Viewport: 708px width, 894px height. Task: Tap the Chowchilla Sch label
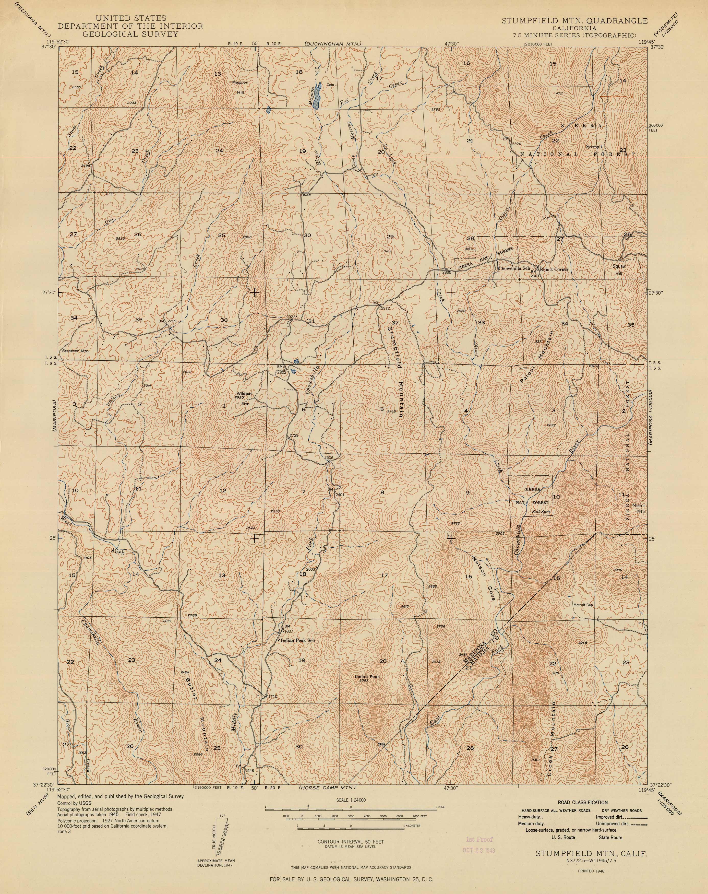514,268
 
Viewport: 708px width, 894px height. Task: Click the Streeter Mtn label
75,351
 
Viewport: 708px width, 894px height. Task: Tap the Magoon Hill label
240,87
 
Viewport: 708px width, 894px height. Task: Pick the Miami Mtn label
638,508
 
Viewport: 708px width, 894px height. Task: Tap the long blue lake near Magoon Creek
317,95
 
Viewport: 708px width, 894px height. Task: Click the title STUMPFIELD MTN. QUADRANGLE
574,21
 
